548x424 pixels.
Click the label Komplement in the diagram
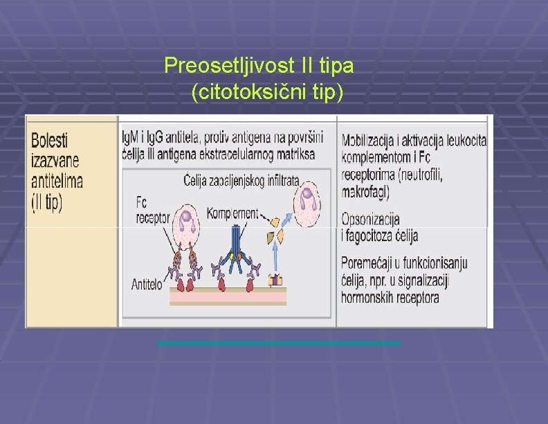pos(232,214)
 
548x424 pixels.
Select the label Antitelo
pos(147,283)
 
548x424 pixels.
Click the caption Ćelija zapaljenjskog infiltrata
pos(241,182)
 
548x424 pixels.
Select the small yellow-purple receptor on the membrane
pos(277,280)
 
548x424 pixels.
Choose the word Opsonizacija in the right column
pos(370,220)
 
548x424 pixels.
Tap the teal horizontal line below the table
pos(279,343)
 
